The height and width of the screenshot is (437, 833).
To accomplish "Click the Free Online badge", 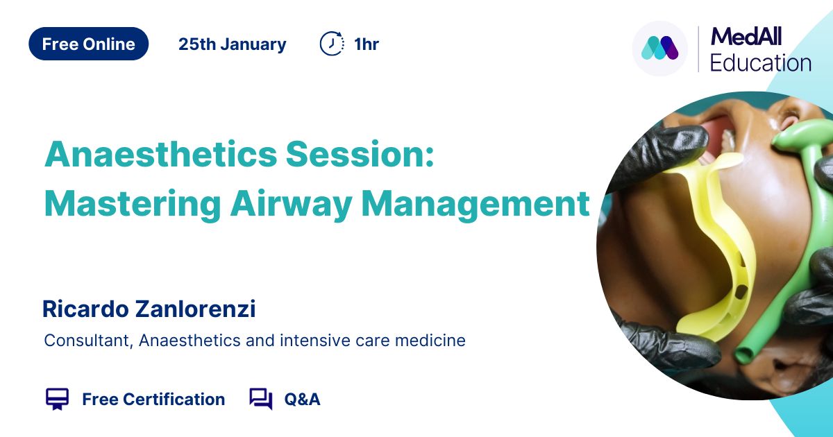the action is [x=89, y=44].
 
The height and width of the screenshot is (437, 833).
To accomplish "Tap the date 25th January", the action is [x=233, y=44].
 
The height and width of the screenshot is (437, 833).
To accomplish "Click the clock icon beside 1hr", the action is [x=332, y=44].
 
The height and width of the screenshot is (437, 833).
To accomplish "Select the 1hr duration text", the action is [x=367, y=44].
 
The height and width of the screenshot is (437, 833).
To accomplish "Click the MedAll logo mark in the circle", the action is [x=659, y=48].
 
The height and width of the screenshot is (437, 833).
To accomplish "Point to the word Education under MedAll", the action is [x=761, y=63].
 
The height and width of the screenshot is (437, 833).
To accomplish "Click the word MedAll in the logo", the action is [x=746, y=36].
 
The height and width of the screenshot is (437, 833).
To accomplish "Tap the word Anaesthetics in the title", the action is [x=160, y=154].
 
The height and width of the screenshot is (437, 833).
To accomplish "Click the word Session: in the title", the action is [x=360, y=154].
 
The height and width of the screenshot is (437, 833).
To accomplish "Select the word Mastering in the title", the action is [x=133, y=204].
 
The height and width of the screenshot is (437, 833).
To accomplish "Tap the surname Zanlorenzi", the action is [x=196, y=309].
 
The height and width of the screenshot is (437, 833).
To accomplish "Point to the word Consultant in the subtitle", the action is [x=89, y=341].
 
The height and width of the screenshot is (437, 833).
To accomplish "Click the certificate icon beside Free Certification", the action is [x=57, y=399].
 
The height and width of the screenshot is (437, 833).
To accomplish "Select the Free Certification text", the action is [x=153, y=400].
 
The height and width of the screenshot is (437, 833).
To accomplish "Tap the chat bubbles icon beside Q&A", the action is [x=261, y=399].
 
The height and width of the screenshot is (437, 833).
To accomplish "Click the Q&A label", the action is [x=303, y=400].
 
